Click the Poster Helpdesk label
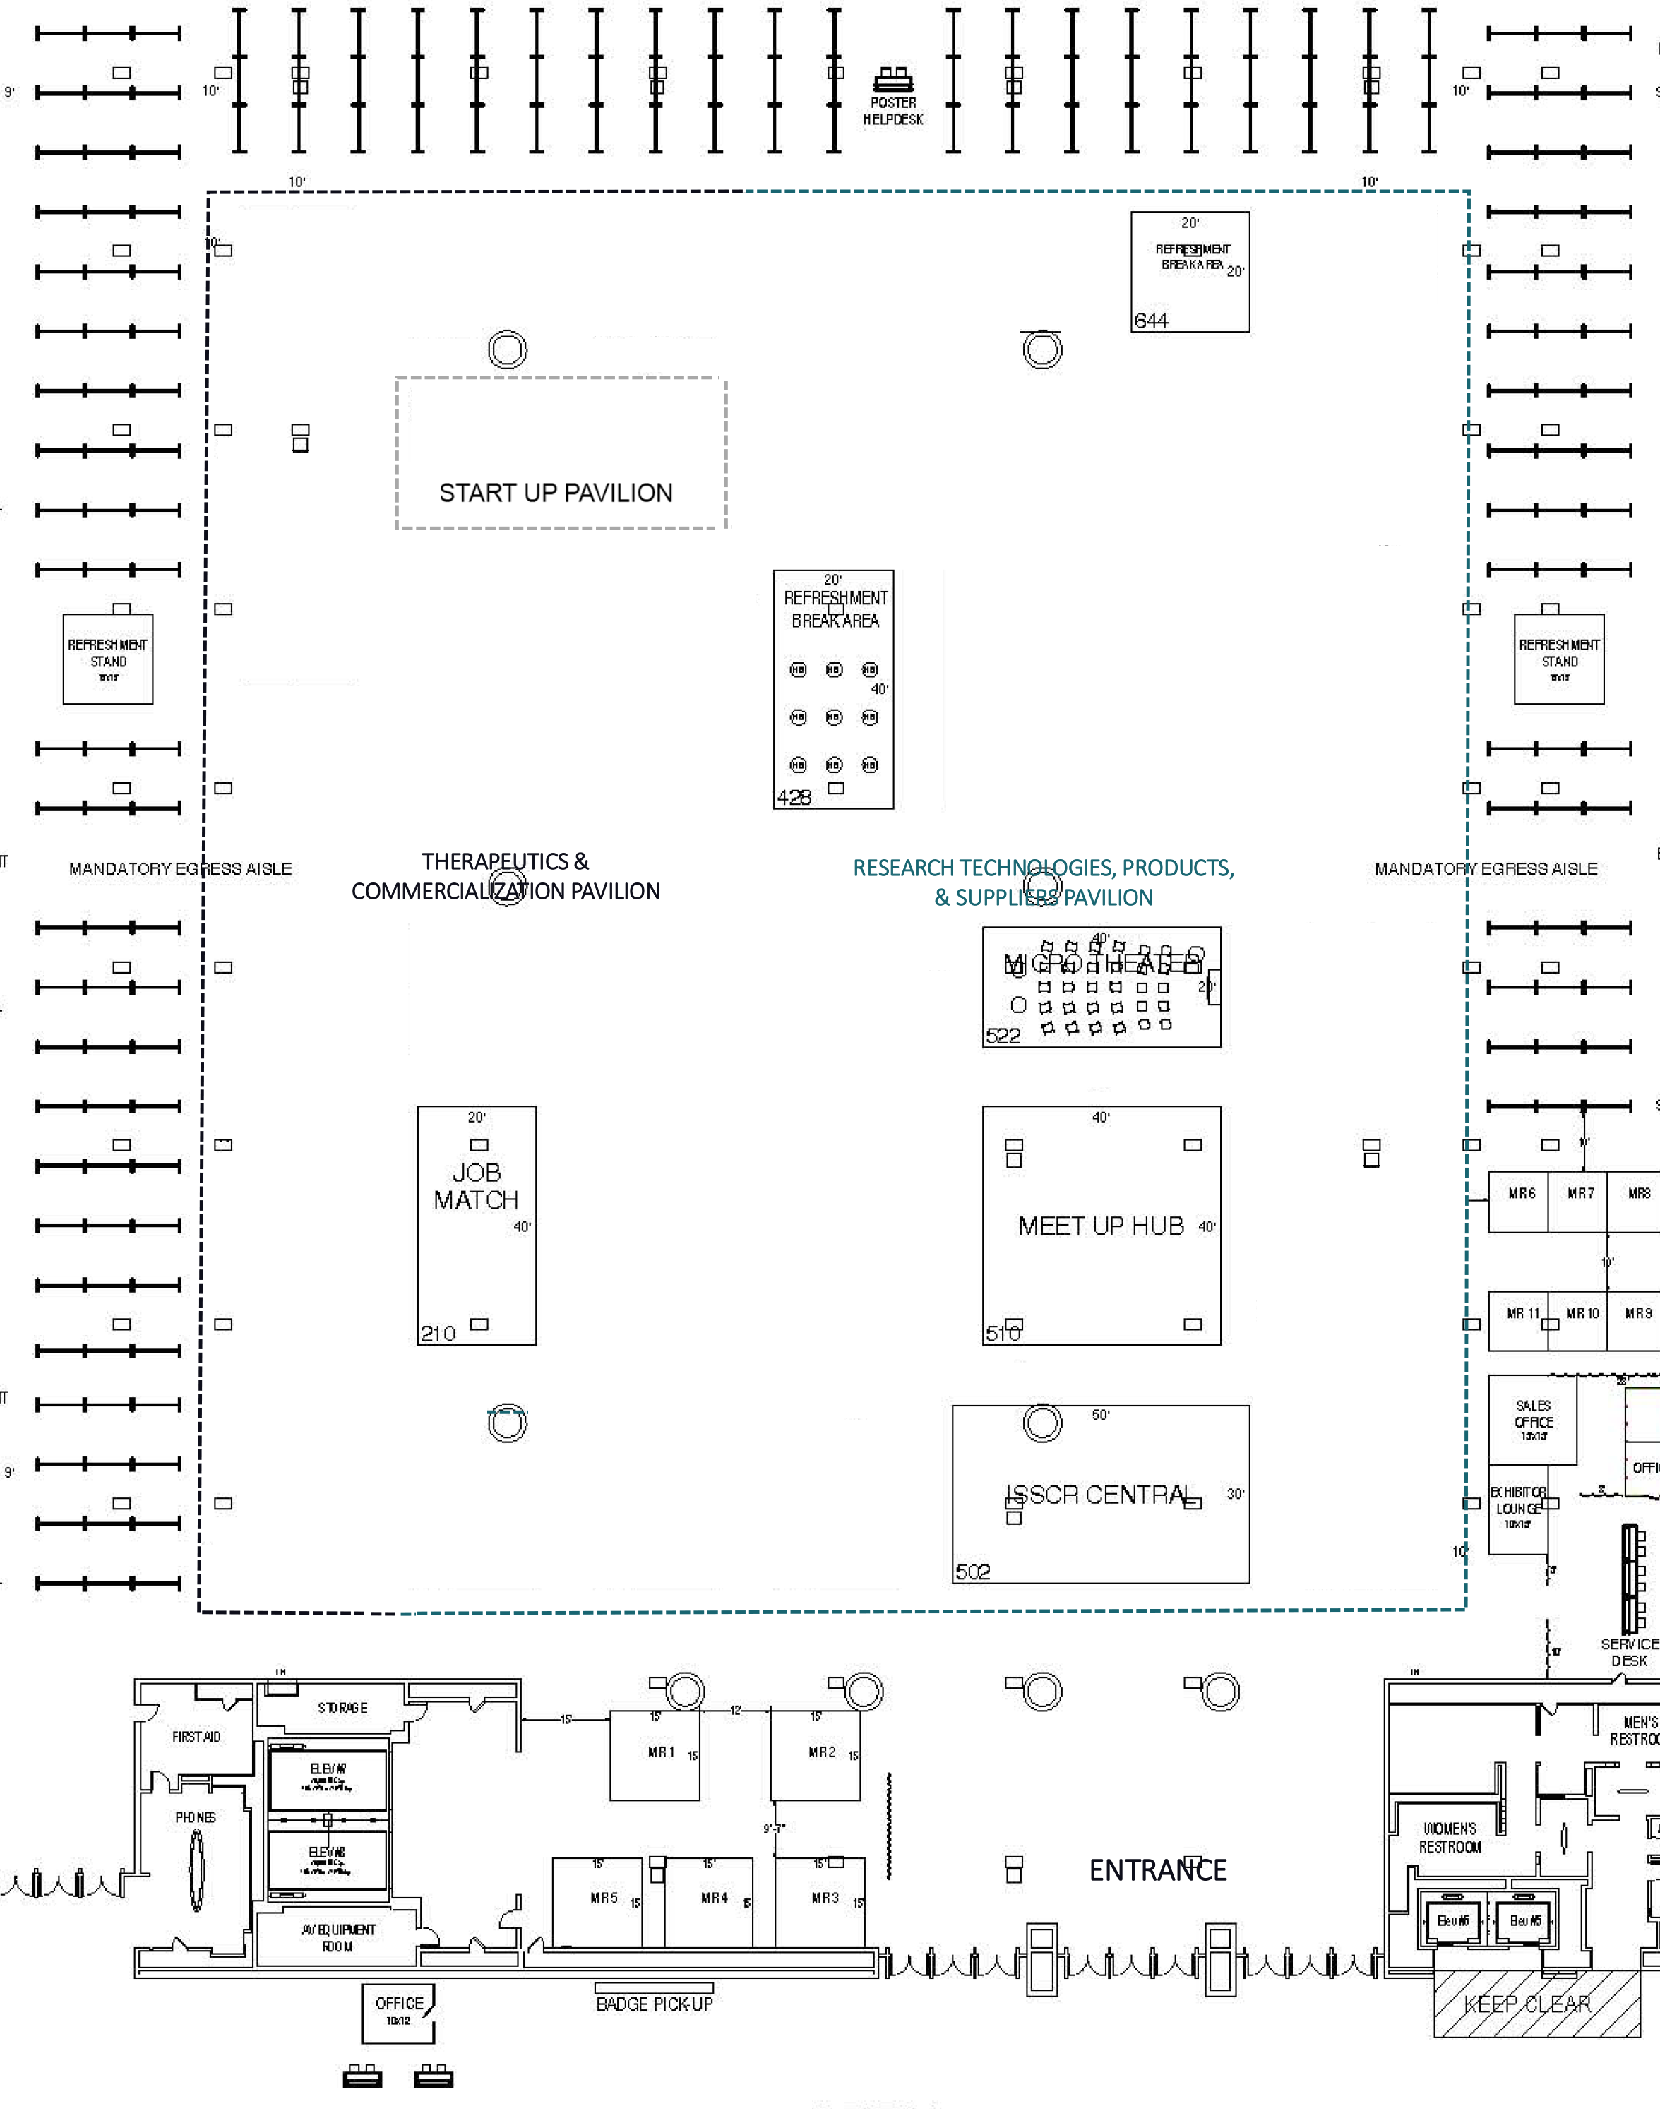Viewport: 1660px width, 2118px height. click(x=892, y=111)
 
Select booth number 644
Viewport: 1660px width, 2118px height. click(x=1151, y=321)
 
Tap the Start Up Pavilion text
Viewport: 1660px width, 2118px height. click(x=555, y=493)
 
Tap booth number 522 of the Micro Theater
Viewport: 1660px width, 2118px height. click(x=1003, y=1036)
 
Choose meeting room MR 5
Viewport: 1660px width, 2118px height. click(x=604, y=1898)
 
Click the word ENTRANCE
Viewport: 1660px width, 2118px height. click(x=1157, y=1870)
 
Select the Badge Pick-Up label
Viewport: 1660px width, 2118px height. click(x=654, y=2004)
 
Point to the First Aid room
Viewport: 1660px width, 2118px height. click(x=196, y=1737)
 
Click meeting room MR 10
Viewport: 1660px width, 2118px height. click(x=1582, y=1314)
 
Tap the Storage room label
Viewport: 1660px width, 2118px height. click(x=342, y=1708)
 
